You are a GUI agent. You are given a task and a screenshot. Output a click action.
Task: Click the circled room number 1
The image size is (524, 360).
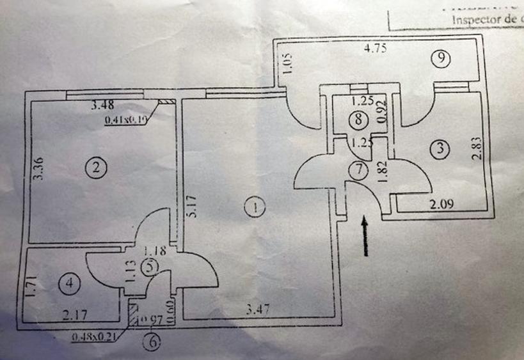pos(255,207)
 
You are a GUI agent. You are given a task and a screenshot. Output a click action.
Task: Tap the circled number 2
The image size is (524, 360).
pos(95,168)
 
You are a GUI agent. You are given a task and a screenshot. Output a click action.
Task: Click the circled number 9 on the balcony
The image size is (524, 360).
pos(441,59)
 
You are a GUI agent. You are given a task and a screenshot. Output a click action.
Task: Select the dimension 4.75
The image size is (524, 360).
pos(378,47)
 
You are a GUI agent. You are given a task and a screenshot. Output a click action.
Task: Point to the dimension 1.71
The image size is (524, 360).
pos(29,285)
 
